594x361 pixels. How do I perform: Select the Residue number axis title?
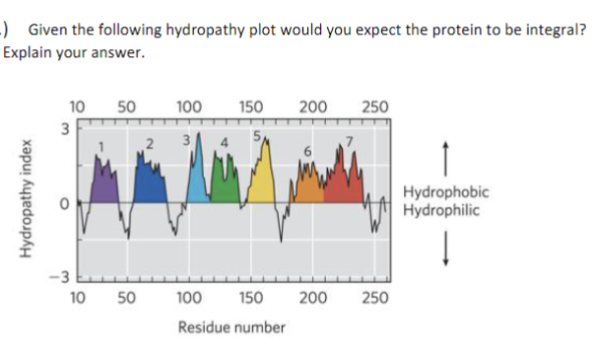[231, 326]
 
